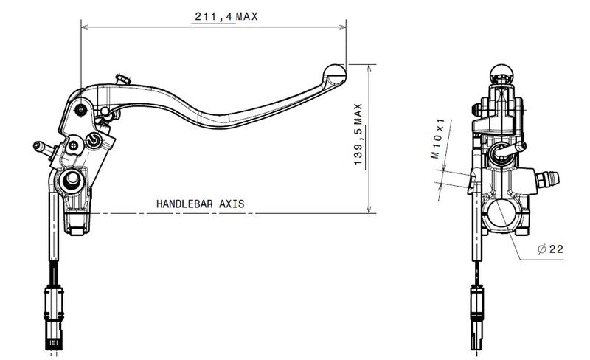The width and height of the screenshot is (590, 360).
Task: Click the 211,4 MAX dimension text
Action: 224,16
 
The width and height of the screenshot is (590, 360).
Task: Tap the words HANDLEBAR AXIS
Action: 200,203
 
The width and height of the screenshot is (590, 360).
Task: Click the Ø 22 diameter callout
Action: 551,249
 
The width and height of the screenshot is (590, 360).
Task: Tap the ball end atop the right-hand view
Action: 502,72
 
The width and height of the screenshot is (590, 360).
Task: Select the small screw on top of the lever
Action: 122,78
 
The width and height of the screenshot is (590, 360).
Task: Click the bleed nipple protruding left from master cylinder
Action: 42,148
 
